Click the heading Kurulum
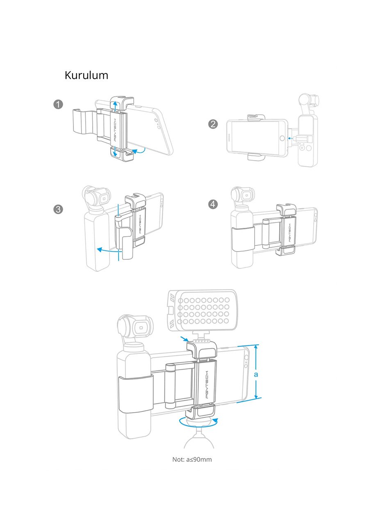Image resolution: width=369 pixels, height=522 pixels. tap(87, 75)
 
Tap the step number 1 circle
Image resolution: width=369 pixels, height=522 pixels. tap(58, 104)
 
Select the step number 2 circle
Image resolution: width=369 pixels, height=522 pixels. tap(213, 124)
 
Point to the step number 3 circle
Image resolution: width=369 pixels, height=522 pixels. tap(58, 209)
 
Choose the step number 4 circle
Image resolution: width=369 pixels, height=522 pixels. tap(213, 204)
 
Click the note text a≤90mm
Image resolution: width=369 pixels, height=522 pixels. tap(192, 459)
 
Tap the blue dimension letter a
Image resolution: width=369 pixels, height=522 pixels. tap(255, 374)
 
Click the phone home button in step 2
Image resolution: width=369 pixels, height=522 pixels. tap(281, 138)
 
